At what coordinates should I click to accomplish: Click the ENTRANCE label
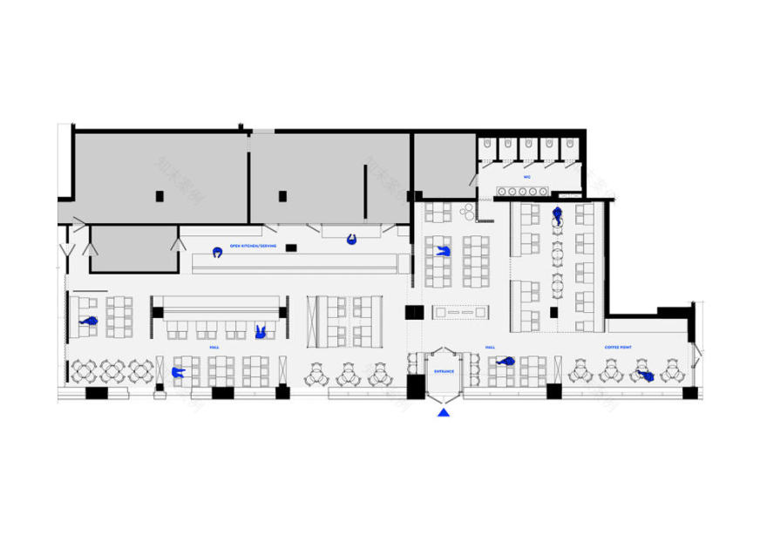click(444, 371)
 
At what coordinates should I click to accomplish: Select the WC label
click(527, 176)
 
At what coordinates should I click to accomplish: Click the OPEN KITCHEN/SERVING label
click(253, 247)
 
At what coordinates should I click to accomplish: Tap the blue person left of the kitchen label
click(216, 252)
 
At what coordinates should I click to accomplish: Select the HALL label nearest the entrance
click(490, 347)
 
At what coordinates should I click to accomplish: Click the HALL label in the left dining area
click(214, 347)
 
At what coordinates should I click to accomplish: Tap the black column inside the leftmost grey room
click(160, 196)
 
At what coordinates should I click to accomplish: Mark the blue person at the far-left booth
click(87, 322)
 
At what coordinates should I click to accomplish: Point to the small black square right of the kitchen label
click(291, 247)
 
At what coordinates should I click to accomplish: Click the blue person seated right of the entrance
click(506, 360)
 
